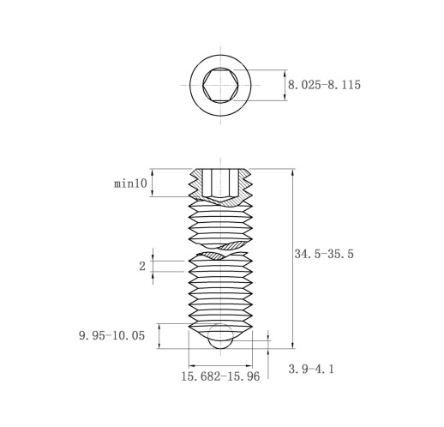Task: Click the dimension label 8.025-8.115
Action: pyautogui.click(x=324, y=85)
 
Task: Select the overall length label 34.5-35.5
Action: pyautogui.click(x=324, y=254)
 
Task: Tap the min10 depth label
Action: pyautogui.click(x=130, y=183)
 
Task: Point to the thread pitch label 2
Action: pyautogui.click(x=142, y=267)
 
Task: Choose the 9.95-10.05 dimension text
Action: pyautogui.click(x=111, y=335)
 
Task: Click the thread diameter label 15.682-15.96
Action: pyautogui.click(x=220, y=376)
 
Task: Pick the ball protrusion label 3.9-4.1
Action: pyautogui.click(x=311, y=369)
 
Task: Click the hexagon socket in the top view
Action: pyautogui.click(x=220, y=85)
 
